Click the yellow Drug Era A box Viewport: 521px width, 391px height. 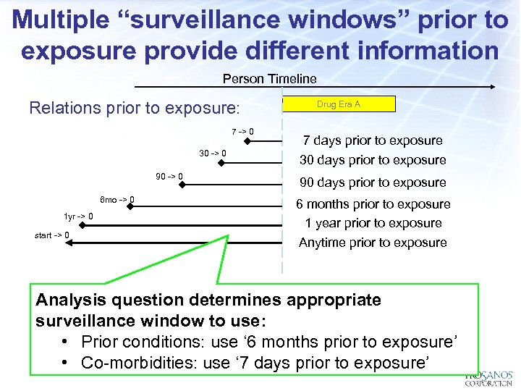[339, 104]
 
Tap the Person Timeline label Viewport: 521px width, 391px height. [269, 78]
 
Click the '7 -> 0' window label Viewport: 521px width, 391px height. [242, 131]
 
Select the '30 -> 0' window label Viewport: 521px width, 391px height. [213, 154]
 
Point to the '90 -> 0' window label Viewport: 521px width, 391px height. [169, 176]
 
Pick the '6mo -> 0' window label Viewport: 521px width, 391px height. [117, 199]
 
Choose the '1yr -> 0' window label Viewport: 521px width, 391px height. [78, 216]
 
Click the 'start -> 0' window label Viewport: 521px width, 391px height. [52, 235]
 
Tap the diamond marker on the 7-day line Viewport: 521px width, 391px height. [247, 141]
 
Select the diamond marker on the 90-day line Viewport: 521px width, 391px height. [183, 185]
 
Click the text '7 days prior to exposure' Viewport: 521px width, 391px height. [373, 140]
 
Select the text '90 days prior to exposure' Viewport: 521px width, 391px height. [373, 182]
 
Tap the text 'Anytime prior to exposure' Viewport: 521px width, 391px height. [373, 243]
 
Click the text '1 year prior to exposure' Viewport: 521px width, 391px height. [373, 223]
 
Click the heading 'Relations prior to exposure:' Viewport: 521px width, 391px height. [134, 109]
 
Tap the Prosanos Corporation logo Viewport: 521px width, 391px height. [489, 378]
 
